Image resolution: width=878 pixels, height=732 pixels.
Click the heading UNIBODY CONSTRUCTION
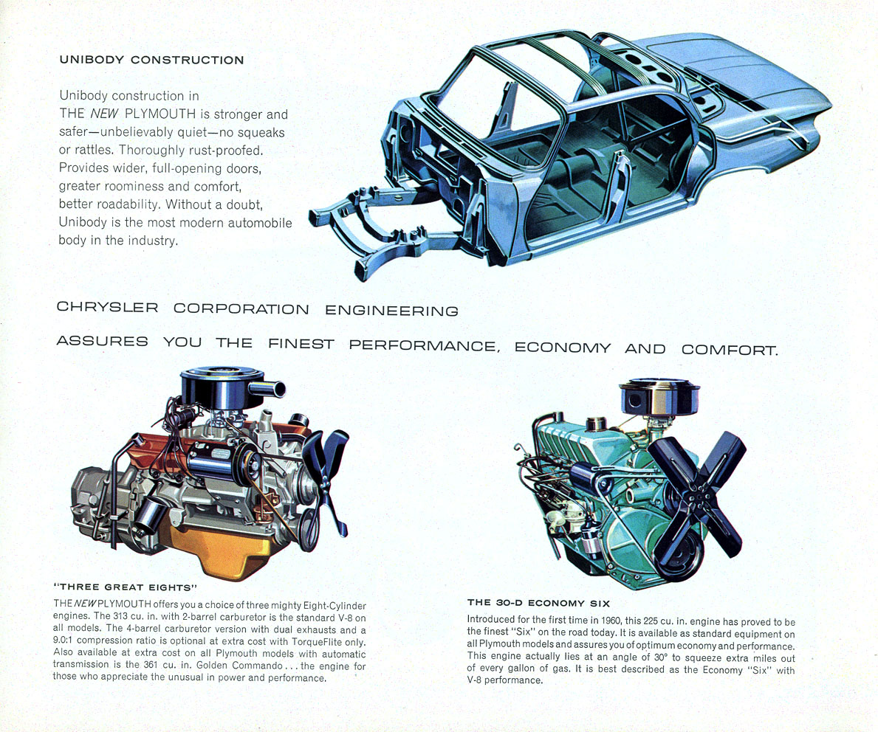[151, 60]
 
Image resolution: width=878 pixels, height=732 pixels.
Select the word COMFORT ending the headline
[729, 349]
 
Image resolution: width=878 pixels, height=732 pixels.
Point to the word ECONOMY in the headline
[562, 348]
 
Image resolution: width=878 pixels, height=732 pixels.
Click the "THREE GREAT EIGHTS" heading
[126, 587]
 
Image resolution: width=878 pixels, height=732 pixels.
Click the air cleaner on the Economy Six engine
[659, 396]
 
